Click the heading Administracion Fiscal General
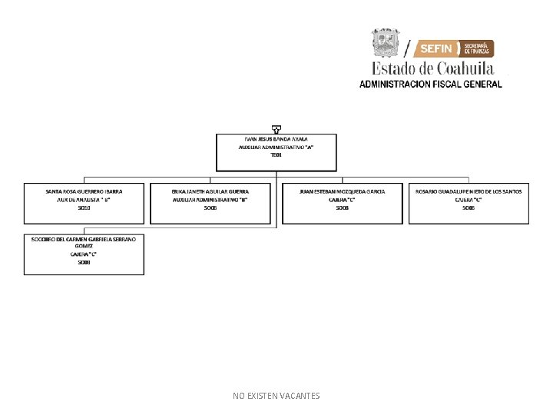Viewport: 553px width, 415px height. click(x=430, y=84)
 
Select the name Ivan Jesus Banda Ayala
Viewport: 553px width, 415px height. click(x=276, y=138)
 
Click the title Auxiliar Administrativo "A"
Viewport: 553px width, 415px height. click(x=276, y=147)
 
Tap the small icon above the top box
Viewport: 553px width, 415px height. click(x=276, y=128)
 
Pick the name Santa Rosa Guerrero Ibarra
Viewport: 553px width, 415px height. click(x=84, y=191)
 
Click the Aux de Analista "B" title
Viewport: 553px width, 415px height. click(x=84, y=199)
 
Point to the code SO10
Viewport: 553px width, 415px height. click(x=84, y=207)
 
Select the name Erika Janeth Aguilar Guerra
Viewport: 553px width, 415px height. click(x=210, y=191)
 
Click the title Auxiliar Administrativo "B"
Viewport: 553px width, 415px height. click(x=210, y=199)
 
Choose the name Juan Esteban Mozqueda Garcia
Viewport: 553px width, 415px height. click(x=343, y=191)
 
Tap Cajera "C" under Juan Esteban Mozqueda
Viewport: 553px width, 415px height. click(x=343, y=199)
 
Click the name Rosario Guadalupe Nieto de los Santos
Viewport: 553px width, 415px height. click(x=469, y=191)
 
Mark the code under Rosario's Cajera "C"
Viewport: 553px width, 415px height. click(x=469, y=207)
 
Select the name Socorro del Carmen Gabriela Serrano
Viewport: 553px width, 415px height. click(x=84, y=239)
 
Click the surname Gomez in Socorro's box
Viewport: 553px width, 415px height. click(x=84, y=246)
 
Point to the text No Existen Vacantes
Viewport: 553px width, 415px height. click(x=276, y=396)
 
